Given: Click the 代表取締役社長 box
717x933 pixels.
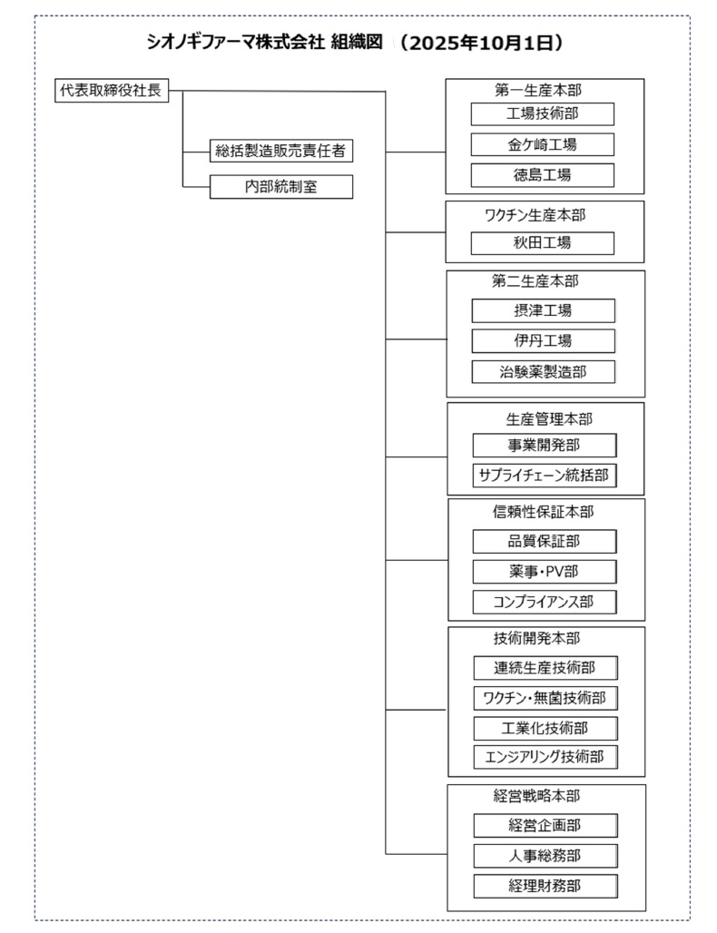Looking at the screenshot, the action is [112, 91].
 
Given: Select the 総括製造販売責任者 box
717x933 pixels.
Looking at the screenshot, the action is [280, 151].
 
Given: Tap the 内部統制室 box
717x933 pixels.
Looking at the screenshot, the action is [280, 187].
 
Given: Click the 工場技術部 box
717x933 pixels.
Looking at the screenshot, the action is [542, 113].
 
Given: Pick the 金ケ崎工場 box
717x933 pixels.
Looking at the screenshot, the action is [542, 144].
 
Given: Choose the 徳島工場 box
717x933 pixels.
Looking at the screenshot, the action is [542, 175].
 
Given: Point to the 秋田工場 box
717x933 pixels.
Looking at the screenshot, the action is [542, 243].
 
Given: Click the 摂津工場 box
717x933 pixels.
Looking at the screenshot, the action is [544, 310].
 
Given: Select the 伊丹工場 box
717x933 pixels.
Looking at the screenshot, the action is [544, 341].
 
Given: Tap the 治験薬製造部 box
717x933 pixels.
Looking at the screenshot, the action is [544, 372].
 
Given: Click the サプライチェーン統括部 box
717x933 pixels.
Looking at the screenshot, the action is [545, 476].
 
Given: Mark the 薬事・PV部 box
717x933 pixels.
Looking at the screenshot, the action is [545, 572].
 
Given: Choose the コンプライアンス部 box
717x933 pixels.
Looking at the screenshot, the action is [545, 602].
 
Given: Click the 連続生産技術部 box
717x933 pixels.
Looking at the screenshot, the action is [545, 668].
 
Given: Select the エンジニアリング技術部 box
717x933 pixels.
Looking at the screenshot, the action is [545, 758].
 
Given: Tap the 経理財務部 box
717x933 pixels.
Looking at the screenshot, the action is [545, 887].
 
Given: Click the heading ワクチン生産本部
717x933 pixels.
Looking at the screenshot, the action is [535, 215].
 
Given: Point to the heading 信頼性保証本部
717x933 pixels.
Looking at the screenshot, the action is [544, 512].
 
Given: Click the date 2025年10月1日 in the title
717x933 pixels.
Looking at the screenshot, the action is [479, 44].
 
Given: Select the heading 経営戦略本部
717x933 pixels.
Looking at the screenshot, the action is [536, 796].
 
